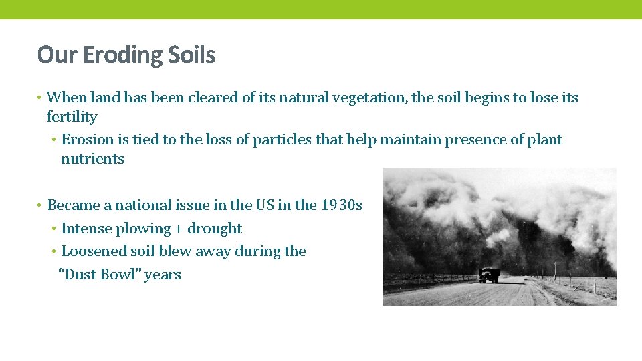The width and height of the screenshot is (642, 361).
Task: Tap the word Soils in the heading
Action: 193,55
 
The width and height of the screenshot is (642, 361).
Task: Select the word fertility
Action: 72,117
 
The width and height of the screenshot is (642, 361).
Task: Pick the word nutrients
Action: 92,159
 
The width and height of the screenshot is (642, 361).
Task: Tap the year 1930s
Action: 341,205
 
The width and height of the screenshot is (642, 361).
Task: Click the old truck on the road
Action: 490,275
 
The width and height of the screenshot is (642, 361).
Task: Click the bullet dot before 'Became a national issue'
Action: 40,205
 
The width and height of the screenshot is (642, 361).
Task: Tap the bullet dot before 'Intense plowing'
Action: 53,229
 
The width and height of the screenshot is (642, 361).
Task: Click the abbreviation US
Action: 263,205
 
